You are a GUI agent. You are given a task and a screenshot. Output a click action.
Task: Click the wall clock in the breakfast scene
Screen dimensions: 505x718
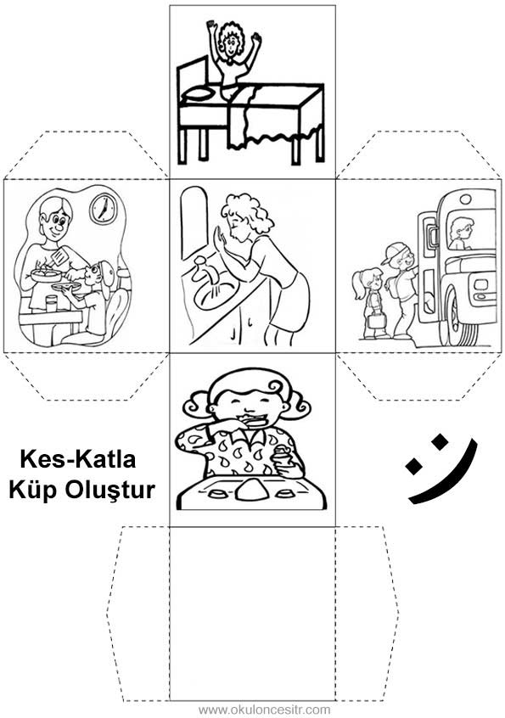(104, 209)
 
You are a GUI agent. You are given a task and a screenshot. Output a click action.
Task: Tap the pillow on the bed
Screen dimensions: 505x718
(199, 94)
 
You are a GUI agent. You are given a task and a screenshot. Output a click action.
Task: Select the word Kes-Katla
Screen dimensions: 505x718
(78, 459)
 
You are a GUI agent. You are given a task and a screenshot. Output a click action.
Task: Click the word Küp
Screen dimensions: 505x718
(34, 490)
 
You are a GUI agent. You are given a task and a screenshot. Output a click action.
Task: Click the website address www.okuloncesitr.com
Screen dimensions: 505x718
(264, 710)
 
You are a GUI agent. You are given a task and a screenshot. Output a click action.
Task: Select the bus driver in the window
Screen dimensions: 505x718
(460, 233)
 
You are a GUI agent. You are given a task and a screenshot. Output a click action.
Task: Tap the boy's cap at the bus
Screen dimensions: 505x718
(393, 253)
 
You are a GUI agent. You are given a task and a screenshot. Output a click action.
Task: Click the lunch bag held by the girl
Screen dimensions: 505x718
(377, 321)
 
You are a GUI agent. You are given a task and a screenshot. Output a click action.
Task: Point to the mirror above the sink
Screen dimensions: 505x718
(194, 223)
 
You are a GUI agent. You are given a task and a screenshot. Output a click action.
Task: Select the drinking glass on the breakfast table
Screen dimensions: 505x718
(51, 303)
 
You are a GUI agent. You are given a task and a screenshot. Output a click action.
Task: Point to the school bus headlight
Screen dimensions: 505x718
(480, 284)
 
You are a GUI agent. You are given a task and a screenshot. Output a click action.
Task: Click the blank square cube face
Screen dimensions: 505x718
(252, 613)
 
